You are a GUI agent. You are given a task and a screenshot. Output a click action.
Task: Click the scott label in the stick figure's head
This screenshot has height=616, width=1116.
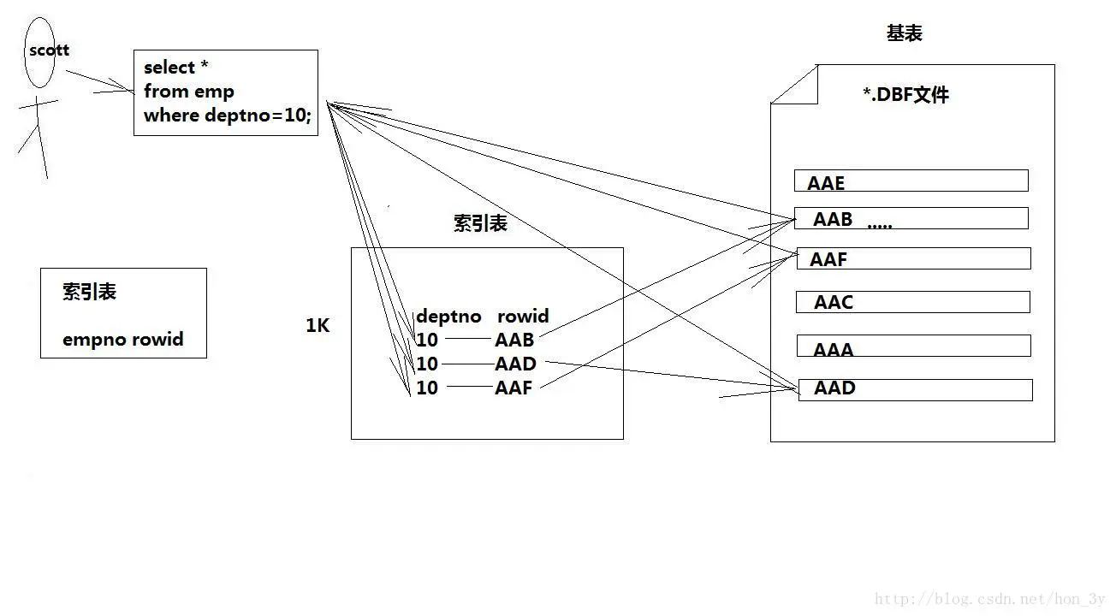tap(49, 50)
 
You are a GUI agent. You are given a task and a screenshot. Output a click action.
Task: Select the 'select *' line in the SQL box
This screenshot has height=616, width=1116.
tap(176, 68)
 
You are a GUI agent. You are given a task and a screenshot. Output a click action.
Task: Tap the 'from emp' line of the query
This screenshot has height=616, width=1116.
tap(188, 92)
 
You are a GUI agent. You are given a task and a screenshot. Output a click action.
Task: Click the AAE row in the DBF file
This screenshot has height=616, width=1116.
tap(911, 181)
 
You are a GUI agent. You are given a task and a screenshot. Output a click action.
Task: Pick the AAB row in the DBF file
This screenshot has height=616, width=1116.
tap(911, 219)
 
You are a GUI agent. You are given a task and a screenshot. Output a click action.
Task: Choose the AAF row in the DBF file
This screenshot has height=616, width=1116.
tap(912, 258)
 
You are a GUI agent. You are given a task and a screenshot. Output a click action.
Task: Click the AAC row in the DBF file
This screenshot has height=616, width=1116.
tap(912, 302)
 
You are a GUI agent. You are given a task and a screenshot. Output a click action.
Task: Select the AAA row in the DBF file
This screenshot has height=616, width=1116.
tap(913, 347)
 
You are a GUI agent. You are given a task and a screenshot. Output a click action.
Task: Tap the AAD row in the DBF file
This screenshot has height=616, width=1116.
tap(915, 389)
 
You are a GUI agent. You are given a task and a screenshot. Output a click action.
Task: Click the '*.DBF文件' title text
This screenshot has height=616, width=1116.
tap(905, 95)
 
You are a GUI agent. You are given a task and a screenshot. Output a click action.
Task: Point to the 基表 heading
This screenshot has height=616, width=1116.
tap(904, 34)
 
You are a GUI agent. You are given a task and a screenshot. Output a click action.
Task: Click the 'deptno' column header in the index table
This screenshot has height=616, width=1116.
tap(448, 317)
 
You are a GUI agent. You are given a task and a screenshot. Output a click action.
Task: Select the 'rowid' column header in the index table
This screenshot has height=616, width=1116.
tap(522, 317)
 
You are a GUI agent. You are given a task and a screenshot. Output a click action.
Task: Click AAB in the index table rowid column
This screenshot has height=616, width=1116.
tap(513, 340)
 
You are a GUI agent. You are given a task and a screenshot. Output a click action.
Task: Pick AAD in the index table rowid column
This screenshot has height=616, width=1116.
tap(515, 364)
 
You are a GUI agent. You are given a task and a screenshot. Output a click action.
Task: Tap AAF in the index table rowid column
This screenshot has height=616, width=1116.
tap(513, 388)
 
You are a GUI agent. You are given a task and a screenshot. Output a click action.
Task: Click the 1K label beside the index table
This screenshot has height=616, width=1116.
tap(318, 326)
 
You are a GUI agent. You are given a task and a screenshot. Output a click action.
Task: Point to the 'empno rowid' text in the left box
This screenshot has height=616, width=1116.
tap(123, 340)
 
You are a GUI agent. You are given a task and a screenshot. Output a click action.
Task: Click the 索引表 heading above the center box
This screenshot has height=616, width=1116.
tap(480, 224)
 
